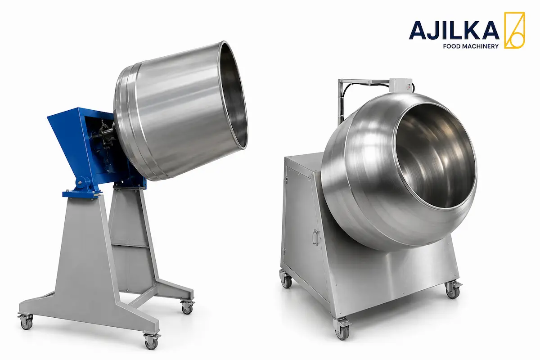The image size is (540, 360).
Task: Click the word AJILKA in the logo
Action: coord(454,30)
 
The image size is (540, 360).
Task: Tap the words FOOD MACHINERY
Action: coord(471,46)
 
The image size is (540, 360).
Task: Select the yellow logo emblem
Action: coord(514,30)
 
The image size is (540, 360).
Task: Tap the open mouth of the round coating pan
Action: coord(435,156)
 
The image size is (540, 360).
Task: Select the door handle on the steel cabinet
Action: coord(316,238)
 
